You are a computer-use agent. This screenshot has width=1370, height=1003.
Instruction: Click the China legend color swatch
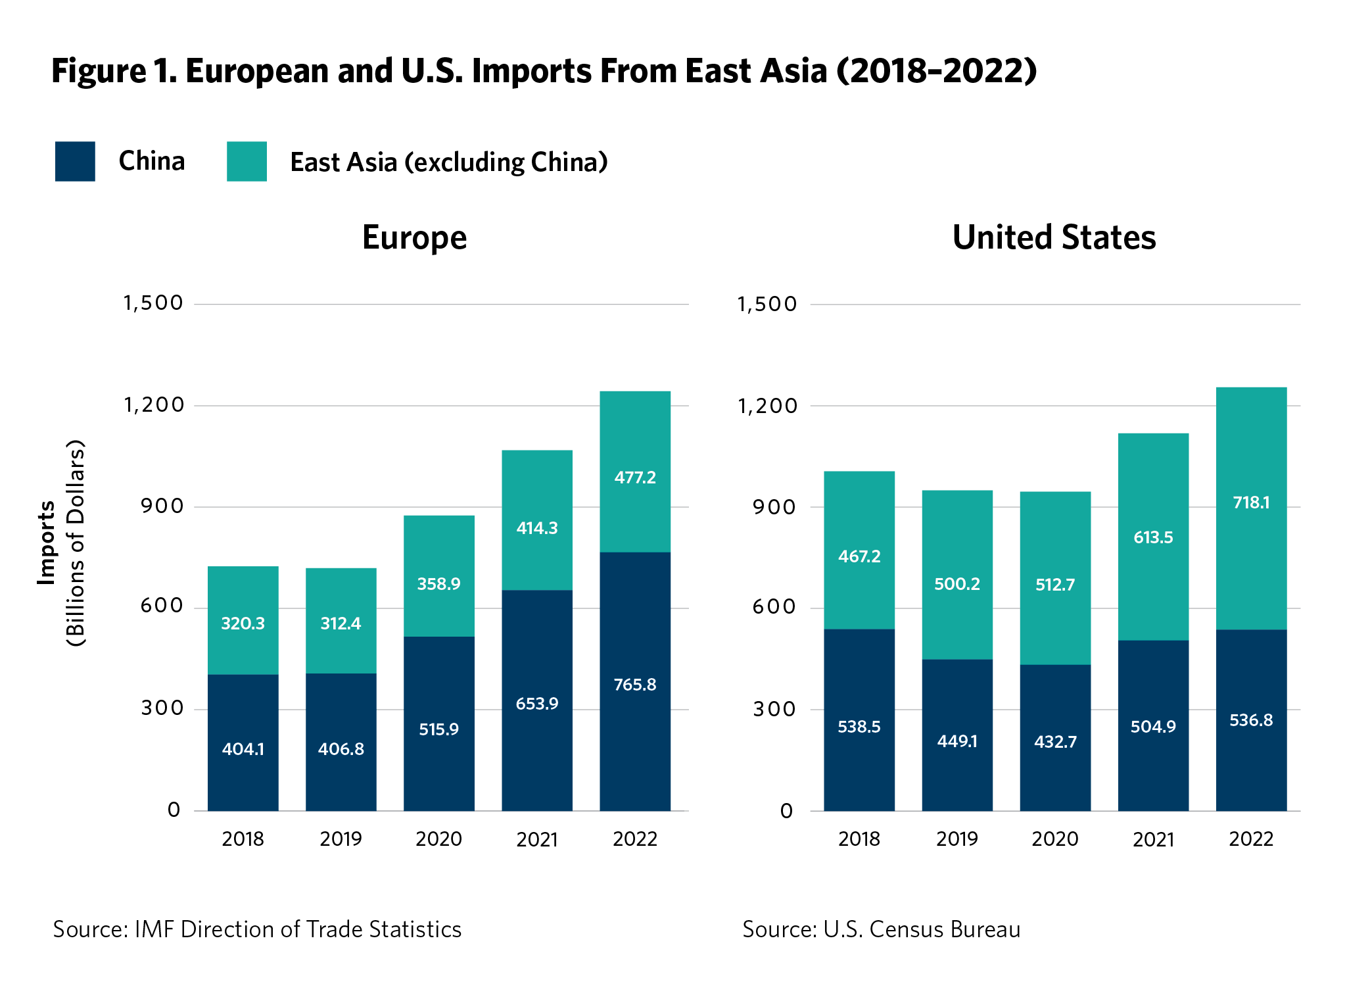tap(75, 161)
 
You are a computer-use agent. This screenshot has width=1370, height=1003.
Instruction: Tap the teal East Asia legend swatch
tap(247, 161)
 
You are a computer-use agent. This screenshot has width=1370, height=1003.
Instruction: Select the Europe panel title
tap(414, 237)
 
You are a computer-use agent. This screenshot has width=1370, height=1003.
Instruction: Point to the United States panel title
tap(1054, 237)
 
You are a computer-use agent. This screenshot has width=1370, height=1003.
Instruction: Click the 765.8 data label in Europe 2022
tap(634, 685)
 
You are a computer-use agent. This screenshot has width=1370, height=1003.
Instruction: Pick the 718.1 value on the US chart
tap(1251, 503)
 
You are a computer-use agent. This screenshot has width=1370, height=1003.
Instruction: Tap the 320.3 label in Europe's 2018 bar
tap(243, 624)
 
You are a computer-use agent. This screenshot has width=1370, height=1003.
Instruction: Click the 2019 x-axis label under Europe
tap(341, 839)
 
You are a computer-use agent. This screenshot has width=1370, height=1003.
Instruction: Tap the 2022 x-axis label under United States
tap(1251, 839)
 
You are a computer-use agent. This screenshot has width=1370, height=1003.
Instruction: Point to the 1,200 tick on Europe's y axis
tap(154, 405)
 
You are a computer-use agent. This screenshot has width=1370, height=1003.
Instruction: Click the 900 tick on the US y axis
tap(774, 507)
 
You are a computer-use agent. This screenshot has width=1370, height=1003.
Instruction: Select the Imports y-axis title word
tap(47, 543)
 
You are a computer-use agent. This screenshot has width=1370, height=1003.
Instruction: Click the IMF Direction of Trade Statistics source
tap(257, 929)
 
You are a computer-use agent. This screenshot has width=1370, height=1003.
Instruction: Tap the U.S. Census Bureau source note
tap(881, 929)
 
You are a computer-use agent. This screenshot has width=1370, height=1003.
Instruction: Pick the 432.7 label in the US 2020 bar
tap(1055, 742)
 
